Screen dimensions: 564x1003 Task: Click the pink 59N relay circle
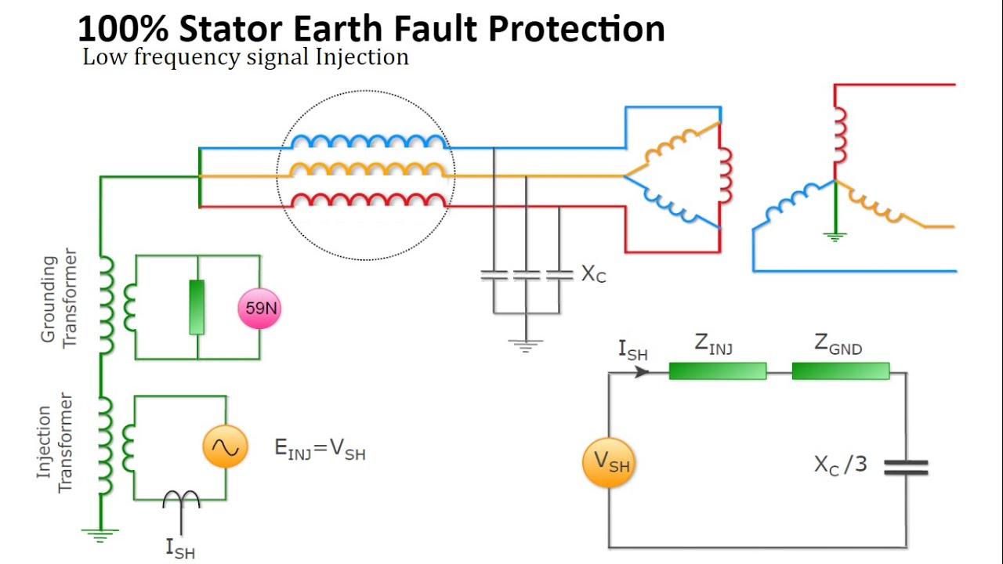tap(259, 308)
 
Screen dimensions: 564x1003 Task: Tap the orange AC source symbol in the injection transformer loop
tap(225, 447)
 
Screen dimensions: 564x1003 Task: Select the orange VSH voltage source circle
tap(609, 463)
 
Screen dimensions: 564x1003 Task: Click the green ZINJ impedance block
tap(717, 371)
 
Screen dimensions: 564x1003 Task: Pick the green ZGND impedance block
tap(841, 371)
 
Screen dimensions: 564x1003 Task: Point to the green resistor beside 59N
tap(197, 306)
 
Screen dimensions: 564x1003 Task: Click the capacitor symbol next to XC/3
tap(906, 468)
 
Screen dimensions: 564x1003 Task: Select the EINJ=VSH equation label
tap(320, 449)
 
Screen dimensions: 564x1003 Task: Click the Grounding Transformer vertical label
tap(60, 298)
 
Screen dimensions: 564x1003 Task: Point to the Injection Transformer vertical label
tap(55, 443)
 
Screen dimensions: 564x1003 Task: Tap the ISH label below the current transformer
tap(180, 548)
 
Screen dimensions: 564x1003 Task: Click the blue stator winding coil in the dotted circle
tap(368, 141)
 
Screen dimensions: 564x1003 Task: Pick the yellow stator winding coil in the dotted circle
tap(368, 170)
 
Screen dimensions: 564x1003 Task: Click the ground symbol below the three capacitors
tap(526, 343)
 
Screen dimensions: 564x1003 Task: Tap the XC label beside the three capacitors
tap(593, 274)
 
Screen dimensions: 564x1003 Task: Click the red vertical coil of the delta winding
tap(724, 173)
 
